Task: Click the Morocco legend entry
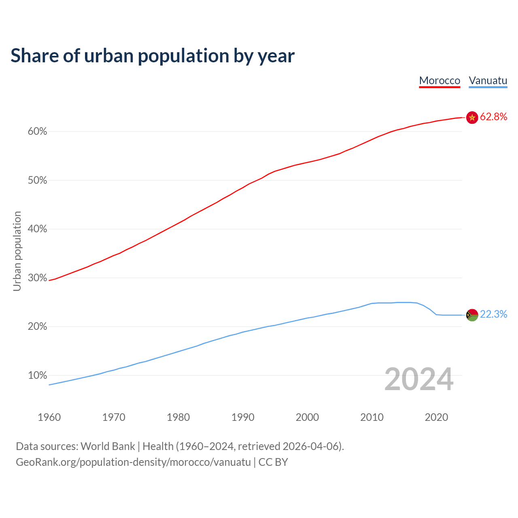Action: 439,81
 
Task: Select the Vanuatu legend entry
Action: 488,81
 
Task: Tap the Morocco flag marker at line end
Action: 472,117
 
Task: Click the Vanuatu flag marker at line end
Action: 472,315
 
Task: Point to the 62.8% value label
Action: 493,117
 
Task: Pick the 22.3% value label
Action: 493,314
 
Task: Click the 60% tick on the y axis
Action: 38,132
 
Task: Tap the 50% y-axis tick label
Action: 38,180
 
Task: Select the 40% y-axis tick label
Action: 38,229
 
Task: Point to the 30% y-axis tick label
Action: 38,278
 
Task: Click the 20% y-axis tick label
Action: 38,327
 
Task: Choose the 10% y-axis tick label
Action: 38,376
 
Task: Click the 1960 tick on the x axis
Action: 49,417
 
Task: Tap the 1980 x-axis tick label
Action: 178,417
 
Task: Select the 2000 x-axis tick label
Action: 308,417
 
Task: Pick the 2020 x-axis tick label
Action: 436,417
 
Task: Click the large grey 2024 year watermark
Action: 419,379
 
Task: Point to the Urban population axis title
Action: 17,251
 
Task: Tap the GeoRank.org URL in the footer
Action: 133,462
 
